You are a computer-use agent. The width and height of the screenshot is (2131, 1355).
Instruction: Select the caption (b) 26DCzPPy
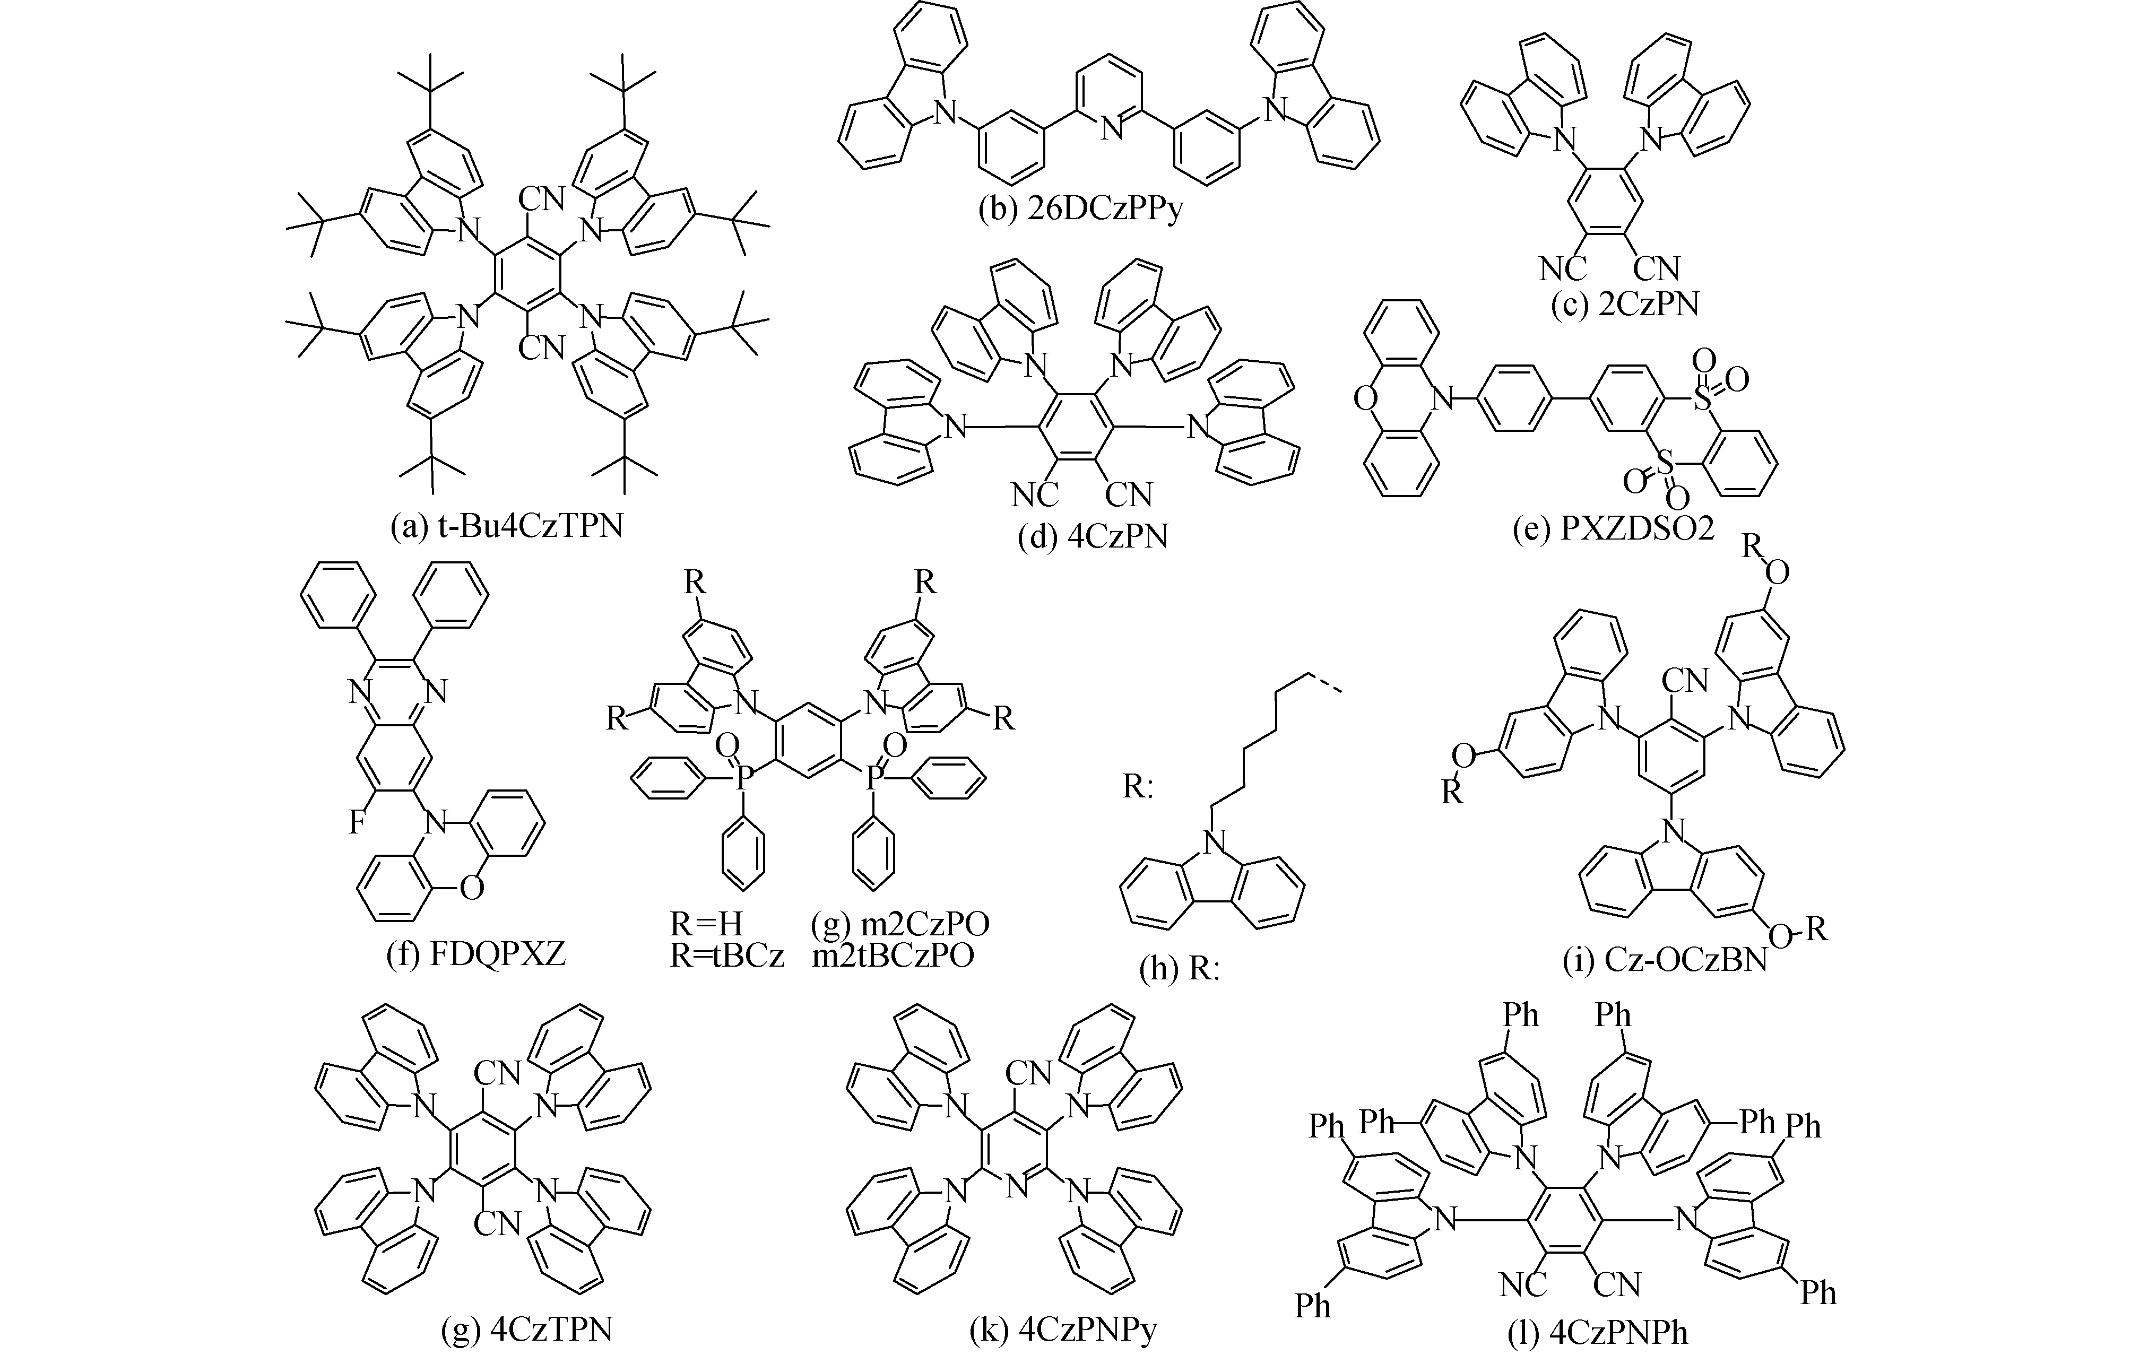(x=1080, y=212)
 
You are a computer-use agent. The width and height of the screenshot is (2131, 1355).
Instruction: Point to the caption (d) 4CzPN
(x=1092, y=536)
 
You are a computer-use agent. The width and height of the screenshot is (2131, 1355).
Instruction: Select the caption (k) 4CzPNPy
(x=1063, y=1330)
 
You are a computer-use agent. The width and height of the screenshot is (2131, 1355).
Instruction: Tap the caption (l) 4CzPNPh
(x=1597, y=1333)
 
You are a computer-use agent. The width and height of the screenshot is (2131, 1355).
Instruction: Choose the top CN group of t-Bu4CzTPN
(x=542, y=198)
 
